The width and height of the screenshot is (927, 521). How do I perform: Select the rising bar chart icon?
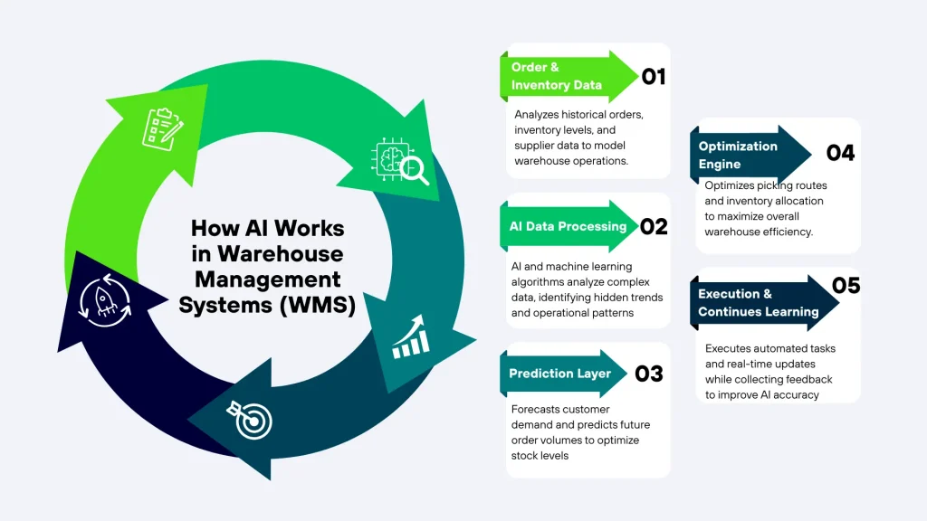click(x=409, y=337)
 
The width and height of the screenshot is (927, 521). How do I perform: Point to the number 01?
click(x=653, y=77)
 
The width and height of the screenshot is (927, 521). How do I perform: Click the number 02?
click(x=653, y=226)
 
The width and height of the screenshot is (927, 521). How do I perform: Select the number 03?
click(x=649, y=374)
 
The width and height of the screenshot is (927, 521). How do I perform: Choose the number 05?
click(x=845, y=286)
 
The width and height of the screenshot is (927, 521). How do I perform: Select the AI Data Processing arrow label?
click(x=568, y=226)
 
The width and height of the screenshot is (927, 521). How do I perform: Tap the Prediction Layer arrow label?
click(x=559, y=374)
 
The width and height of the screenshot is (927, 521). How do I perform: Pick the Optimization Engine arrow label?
click(x=738, y=155)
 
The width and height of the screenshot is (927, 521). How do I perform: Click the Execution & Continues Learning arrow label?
click(x=758, y=303)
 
